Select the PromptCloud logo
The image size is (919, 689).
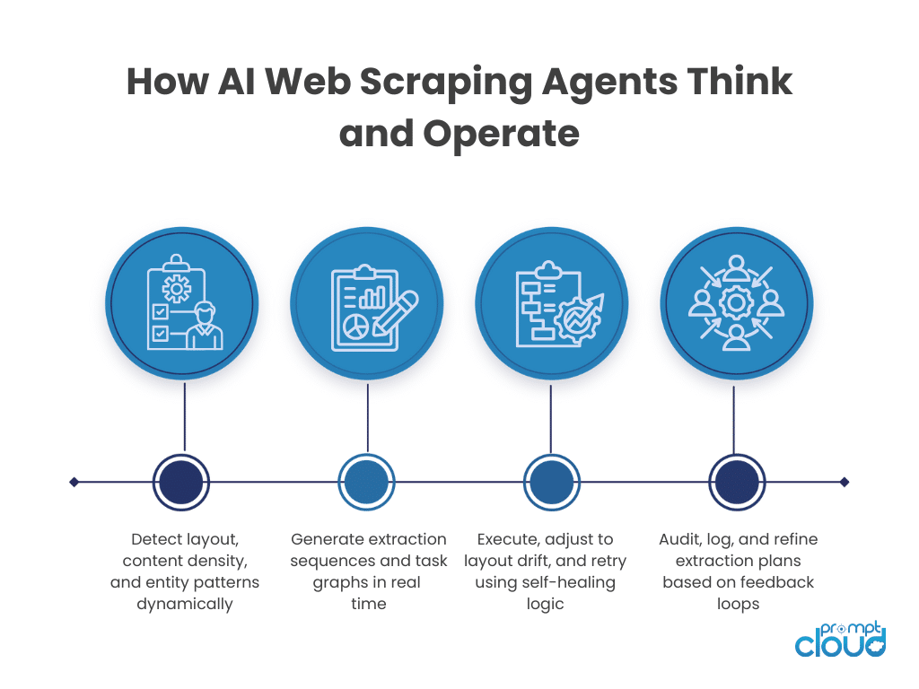click(x=841, y=638)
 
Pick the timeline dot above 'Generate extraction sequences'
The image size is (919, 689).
click(x=366, y=482)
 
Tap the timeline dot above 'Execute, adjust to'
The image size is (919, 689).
click(x=551, y=482)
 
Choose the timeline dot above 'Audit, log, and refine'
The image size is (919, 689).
click(x=737, y=482)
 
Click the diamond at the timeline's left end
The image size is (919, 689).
click(x=74, y=482)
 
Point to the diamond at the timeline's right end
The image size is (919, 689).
click(x=844, y=482)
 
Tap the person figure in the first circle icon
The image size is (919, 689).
click(x=206, y=325)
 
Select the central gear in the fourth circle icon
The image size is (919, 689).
click(x=736, y=302)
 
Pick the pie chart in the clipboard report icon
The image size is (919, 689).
click(x=357, y=325)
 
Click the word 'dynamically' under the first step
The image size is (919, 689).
click(x=184, y=604)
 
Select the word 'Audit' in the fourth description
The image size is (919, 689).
click(x=679, y=539)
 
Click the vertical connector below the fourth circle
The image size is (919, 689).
click(x=736, y=417)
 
